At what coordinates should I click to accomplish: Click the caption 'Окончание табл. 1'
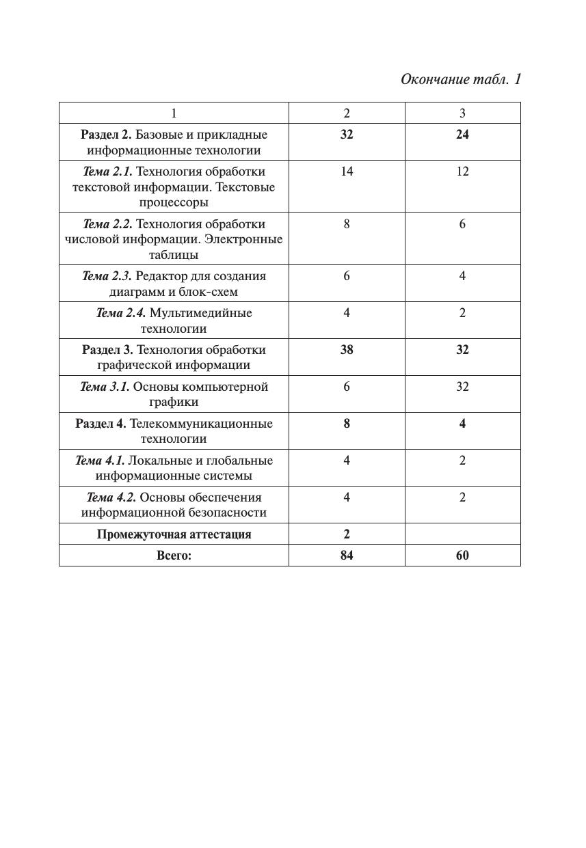pos(460,79)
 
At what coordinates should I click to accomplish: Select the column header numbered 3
pos(462,113)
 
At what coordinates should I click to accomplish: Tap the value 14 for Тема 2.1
pos(347,171)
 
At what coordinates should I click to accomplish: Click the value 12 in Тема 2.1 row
pos(462,171)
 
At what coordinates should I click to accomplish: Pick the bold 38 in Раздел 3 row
pos(347,349)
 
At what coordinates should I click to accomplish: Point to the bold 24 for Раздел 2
pos(462,134)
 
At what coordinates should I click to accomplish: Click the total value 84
pos(347,555)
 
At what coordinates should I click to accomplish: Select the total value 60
pos(462,555)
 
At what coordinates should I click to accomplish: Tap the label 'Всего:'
pos(174,555)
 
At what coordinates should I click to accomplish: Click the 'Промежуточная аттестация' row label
pos(174,534)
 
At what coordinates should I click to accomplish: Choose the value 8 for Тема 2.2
pos(347,223)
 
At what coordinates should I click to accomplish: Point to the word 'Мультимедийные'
pos(200,313)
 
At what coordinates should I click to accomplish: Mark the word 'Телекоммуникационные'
pos(201,423)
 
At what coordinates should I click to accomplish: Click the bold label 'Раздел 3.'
pos(107,349)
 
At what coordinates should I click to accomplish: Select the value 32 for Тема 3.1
pos(462,386)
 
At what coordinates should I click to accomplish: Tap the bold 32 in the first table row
pos(347,134)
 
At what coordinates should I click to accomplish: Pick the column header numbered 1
pos(174,113)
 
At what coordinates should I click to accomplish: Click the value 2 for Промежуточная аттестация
pos(347,534)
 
